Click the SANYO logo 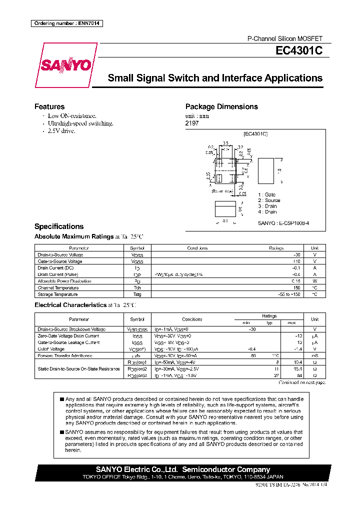click(65, 65)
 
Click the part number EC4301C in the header click(299, 50)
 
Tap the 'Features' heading click(49, 106)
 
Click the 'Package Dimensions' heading click(221, 106)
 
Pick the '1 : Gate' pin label click(266, 194)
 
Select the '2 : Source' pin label click(269, 200)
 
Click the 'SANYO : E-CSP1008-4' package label click(283, 223)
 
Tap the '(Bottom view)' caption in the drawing click(222, 191)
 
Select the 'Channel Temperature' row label click(58, 288)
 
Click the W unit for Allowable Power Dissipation click(314, 281)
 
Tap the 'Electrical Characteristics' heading click(70, 305)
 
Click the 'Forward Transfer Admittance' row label click(64, 355)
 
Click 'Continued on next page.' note click(301, 382)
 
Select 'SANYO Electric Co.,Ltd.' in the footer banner click(136, 469)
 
